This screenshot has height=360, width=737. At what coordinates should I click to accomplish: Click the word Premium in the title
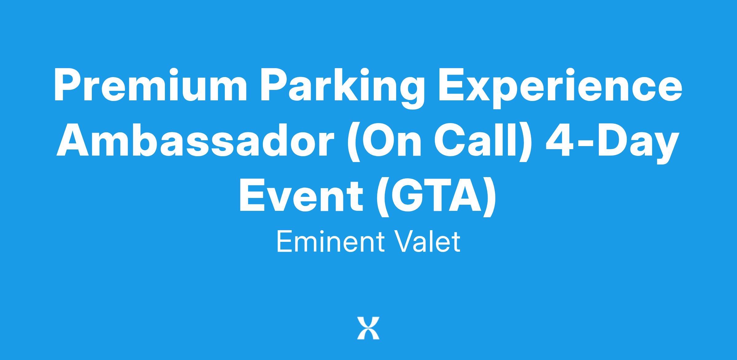[150, 86]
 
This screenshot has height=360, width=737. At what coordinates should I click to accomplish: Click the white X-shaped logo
[368, 328]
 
